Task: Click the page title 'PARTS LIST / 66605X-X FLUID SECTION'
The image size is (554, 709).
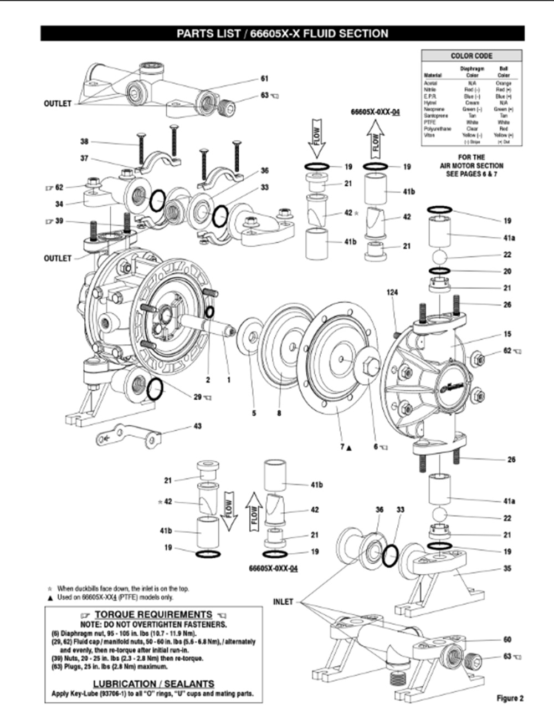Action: [x=282, y=33]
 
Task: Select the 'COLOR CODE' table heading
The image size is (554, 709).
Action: [x=471, y=56]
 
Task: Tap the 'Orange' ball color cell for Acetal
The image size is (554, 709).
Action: [x=503, y=83]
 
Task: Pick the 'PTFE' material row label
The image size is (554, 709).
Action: [x=430, y=123]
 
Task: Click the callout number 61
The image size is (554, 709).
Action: [x=264, y=79]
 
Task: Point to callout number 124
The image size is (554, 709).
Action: [x=392, y=292]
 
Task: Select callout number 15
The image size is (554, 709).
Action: [x=507, y=334]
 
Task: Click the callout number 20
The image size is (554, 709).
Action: [x=507, y=272]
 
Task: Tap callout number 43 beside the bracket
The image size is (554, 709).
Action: [x=197, y=426]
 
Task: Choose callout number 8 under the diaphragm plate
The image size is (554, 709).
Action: [x=279, y=413]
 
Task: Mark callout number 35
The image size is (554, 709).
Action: [x=507, y=569]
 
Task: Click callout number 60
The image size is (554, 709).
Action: [x=507, y=639]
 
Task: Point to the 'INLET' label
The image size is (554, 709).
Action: [x=283, y=601]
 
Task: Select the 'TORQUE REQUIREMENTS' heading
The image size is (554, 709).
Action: [x=153, y=614]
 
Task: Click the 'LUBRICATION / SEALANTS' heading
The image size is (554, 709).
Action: [x=153, y=684]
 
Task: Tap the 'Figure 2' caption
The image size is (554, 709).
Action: [x=510, y=698]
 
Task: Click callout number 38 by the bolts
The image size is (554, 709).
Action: [x=84, y=141]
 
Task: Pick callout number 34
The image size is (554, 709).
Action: [x=59, y=204]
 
